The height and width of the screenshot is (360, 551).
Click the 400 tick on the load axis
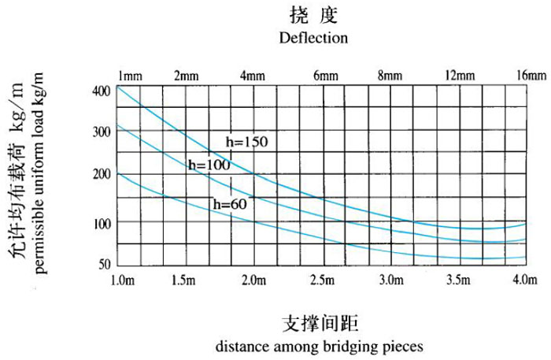[103, 91]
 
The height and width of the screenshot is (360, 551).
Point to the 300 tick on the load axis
[103, 132]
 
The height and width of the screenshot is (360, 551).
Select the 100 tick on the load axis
[103, 223]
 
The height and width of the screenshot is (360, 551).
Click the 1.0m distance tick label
[124, 281]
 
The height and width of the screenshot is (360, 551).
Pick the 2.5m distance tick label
[324, 281]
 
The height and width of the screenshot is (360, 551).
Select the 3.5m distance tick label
[458, 281]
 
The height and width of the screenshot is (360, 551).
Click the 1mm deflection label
[130, 76]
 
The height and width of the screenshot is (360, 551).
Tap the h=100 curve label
[209, 165]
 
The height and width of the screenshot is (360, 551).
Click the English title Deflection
[313, 37]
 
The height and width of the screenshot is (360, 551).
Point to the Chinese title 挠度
[313, 15]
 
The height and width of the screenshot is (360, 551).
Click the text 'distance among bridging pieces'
[319, 346]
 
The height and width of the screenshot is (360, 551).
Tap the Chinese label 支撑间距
[319, 323]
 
